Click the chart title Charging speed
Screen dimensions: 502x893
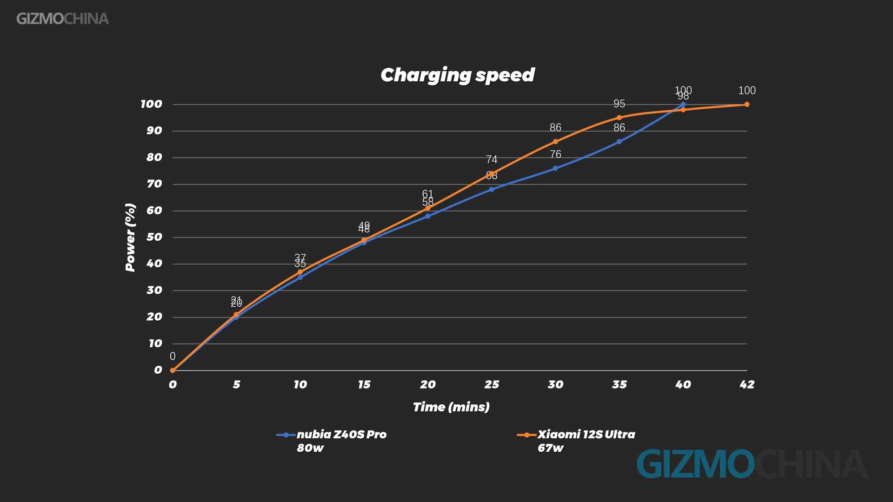pyautogui.click(x=458, y=75)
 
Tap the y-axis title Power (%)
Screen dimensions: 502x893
pyautogui.click(x=130, y=238)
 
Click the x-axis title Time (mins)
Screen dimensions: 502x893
pyautogui.click(x=451, y=407)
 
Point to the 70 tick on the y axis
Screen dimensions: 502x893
pyautogui.click(x=154, y=184)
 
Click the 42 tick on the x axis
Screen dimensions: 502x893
pyautogui.click(x=746, y=384)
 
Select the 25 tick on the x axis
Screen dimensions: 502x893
pyautogui.click(x=492, y=384)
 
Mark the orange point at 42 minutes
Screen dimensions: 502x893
pyautogui.click(x=747, y=105)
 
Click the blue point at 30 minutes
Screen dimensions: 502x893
pyautogui.click(x=555, y=168)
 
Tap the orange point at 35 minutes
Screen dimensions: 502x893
pyautogui.click(x=619, y=118)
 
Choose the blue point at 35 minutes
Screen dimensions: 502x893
pyautogui.click(x=619, y=142)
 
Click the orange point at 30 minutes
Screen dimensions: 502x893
pyautogui.click(x=555, y=142)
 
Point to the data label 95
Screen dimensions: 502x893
pyautogui.click(x=619, y=104)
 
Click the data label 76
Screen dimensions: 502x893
pyautogui.click(x=555, y=154)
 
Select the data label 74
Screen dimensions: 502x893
pyautogui.click(x=492, y=159)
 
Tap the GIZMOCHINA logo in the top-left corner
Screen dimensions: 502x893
pyautogui.click(x=62, y=19)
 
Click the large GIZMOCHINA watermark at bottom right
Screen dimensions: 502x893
pyautogui.click(x=751, y=464)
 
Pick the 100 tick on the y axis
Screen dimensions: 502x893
pyautogui.click(x=152, y=104)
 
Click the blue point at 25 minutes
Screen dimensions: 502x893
pyautogui.click(x=492, y=190)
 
